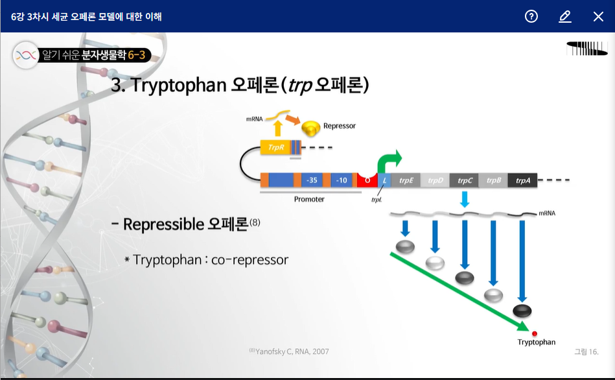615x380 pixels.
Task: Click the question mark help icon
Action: click(531, 16)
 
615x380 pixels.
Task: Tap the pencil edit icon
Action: click(565, 16)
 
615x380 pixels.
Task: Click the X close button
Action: click(598, 16)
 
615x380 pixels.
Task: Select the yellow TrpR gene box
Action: click(275, 147)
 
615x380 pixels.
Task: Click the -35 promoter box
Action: click(312, 180)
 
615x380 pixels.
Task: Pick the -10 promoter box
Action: click(342, 180)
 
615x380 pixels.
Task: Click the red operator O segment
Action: click(367, 180)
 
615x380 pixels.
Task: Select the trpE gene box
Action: click(406, 180)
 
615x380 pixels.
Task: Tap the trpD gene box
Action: click(435, 180)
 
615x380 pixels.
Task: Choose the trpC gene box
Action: click(464, 180)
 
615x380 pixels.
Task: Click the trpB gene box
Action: click(493, 180)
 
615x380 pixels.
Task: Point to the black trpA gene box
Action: click(522, 180)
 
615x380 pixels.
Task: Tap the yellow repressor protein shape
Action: click(310, 128)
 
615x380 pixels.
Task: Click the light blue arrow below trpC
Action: click(465, 199)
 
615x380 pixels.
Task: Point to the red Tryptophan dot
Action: click(534, 333)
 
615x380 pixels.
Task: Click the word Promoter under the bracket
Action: click(309, 199)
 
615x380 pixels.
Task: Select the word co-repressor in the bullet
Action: click(250, 260)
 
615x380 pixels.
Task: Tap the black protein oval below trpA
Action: click(522, 311)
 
